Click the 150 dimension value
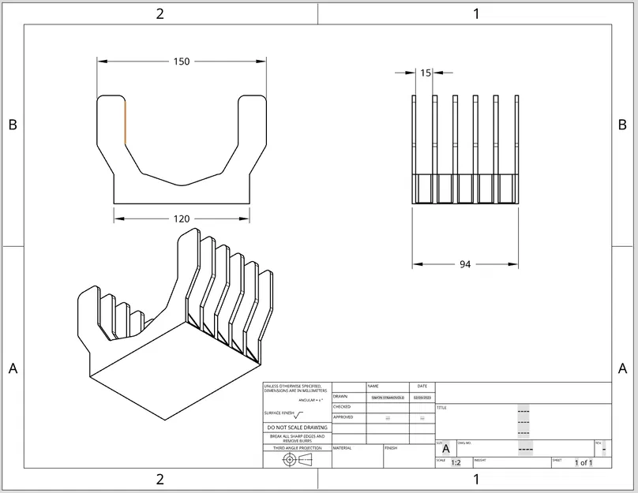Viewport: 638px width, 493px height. click(182, 62)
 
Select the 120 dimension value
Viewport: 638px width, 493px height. click(182, 218)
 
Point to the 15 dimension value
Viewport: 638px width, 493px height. click(426, 73)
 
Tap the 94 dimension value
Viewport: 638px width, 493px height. click(465, 264)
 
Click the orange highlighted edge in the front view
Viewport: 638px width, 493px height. click(125, 122)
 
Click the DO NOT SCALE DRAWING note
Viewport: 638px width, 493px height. click(297, 428)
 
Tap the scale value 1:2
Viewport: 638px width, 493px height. click(456, 463)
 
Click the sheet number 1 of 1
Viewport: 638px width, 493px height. click(583, 463)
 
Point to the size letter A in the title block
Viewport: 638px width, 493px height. click(445, 448)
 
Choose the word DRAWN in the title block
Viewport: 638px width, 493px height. click(340, 397)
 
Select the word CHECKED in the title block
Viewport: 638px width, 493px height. click(342, 407)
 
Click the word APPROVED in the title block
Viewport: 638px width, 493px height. click(343, 417)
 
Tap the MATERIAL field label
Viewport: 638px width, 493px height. click(342, 448)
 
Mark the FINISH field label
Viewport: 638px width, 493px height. click(391, 448)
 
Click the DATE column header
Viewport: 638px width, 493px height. click(422, 387)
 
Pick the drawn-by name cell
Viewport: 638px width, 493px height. click(387, 398)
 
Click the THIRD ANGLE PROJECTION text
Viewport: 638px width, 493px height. click(297, 448)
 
